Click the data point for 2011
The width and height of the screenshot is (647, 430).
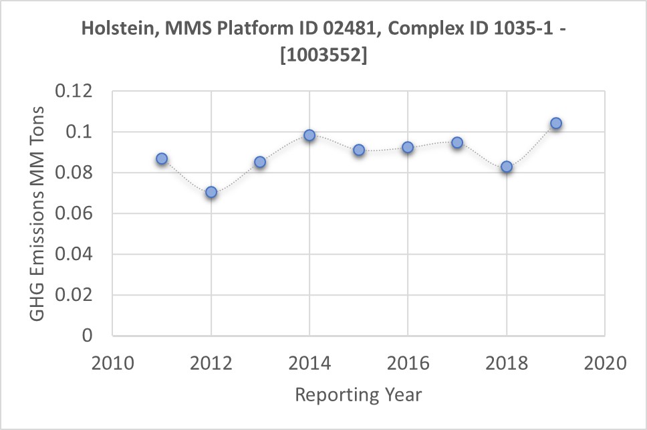pos(162,159)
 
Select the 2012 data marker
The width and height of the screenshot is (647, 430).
pos(211,192)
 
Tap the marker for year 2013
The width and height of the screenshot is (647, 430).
pos(260,162)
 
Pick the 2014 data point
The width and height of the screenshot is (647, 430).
pos(309,135)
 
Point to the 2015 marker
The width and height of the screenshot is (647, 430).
pos(359,150)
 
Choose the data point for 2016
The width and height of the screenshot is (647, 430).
pos(408,147)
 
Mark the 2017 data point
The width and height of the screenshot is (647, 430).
pos(457,142)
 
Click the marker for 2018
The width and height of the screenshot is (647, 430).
pos(507,167)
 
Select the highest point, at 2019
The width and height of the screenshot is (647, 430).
pos(555,123)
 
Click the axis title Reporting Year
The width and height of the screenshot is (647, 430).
pos(358,395)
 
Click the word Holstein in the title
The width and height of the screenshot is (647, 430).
pos(114,30)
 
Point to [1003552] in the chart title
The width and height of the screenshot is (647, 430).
pos(324,57)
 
